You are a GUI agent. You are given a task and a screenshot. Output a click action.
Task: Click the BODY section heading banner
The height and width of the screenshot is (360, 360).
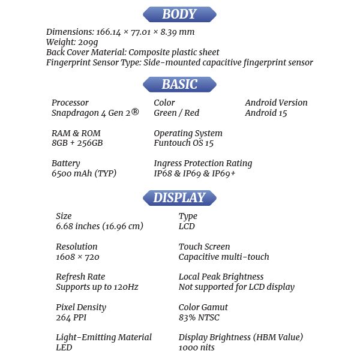[x=179, y=14]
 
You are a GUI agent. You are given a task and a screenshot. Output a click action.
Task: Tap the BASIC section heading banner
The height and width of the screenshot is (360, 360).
[x=179, y=84]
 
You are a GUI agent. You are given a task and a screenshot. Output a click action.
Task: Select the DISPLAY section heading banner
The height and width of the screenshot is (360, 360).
[x=179, y=197]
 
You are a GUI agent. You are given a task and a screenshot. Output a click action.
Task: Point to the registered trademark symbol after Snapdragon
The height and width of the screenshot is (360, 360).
[x=135, y=111]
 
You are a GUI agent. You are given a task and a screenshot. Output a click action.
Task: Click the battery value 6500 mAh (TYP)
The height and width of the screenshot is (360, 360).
[x=84, y=173]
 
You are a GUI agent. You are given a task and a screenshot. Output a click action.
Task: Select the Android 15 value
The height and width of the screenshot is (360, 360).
[x=267, y=113]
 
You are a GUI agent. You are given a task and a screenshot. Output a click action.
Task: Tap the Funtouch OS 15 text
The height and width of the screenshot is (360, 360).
[x=184, y=143]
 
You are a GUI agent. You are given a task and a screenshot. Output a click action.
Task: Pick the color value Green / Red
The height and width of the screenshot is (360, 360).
[x=176, y=113]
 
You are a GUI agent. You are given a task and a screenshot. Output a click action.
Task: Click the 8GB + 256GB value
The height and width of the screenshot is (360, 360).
[x=77, y=143]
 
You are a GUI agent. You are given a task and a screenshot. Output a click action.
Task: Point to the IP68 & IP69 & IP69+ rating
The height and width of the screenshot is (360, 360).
[x=194, y=173]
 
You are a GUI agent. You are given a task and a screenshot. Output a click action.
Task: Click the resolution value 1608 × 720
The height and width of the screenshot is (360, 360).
[x=77, y=257]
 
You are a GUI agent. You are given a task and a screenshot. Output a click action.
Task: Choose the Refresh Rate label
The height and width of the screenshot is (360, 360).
[x=80, y=277]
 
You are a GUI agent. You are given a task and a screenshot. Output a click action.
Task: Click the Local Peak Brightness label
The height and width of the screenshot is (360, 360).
[x=221, y=277]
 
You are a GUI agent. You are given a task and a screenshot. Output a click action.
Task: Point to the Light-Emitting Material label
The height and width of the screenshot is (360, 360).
[x=104, y=337]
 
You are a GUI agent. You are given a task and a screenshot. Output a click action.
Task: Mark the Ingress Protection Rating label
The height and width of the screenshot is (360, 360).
[x=203, y=163]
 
